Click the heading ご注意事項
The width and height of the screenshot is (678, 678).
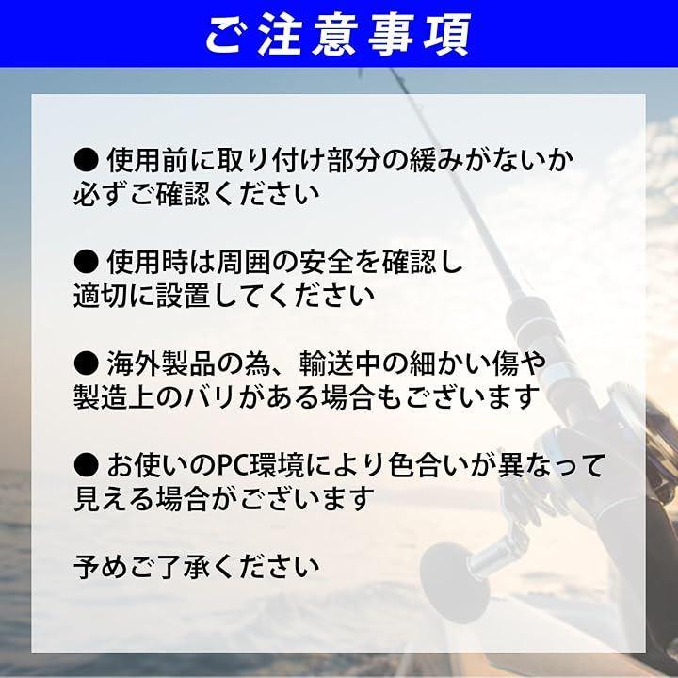338,35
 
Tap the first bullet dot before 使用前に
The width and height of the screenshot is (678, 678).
87,160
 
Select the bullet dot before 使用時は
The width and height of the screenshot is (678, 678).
87,262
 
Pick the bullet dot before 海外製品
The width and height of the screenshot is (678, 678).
87,363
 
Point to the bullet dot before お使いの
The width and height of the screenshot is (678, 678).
87,465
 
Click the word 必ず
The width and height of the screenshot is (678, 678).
101,195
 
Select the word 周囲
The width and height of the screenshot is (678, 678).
244,262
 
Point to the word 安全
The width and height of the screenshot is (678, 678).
327,262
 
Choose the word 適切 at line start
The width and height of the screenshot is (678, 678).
101,297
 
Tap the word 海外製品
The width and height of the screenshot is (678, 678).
161,363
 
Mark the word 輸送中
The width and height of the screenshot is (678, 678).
341,363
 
